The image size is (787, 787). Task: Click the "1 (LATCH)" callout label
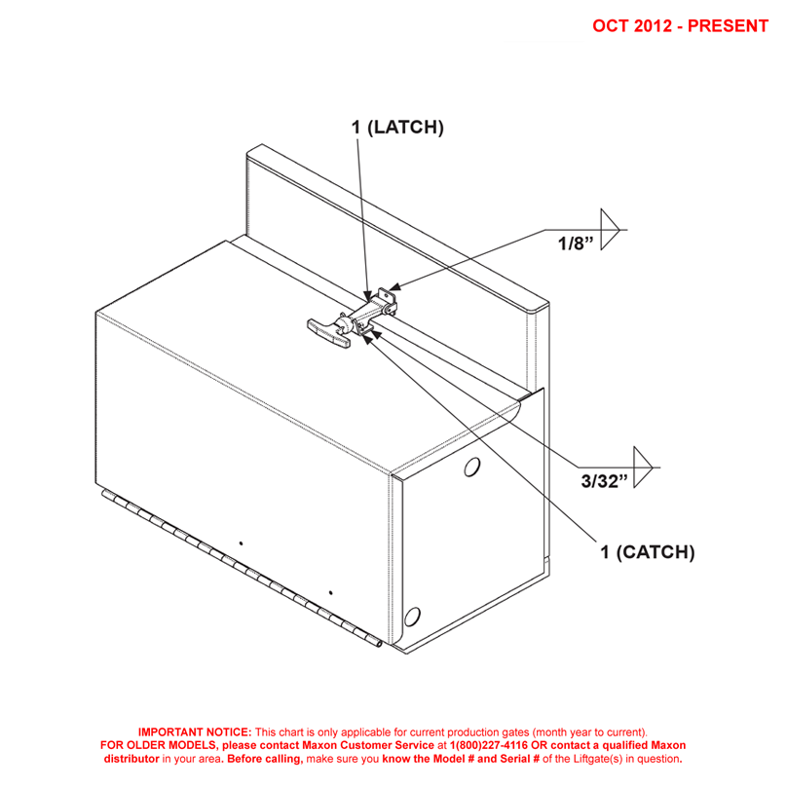(x=397, y=128)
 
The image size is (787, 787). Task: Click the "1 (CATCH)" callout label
(x=648, y=552)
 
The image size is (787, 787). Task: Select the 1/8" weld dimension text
(x=576, y=244)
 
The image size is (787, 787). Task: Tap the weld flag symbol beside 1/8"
(x=611, y=229)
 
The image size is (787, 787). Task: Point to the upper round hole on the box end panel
(x=472, y=468)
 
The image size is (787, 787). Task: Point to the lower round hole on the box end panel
(x=413, y=617)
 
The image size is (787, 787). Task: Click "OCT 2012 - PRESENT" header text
(x=680, y=25)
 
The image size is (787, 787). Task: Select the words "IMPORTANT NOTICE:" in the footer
(x=195, y=731)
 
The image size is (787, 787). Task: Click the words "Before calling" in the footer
(x=265, y=759)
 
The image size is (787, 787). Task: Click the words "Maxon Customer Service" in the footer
(x=368, y=745)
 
